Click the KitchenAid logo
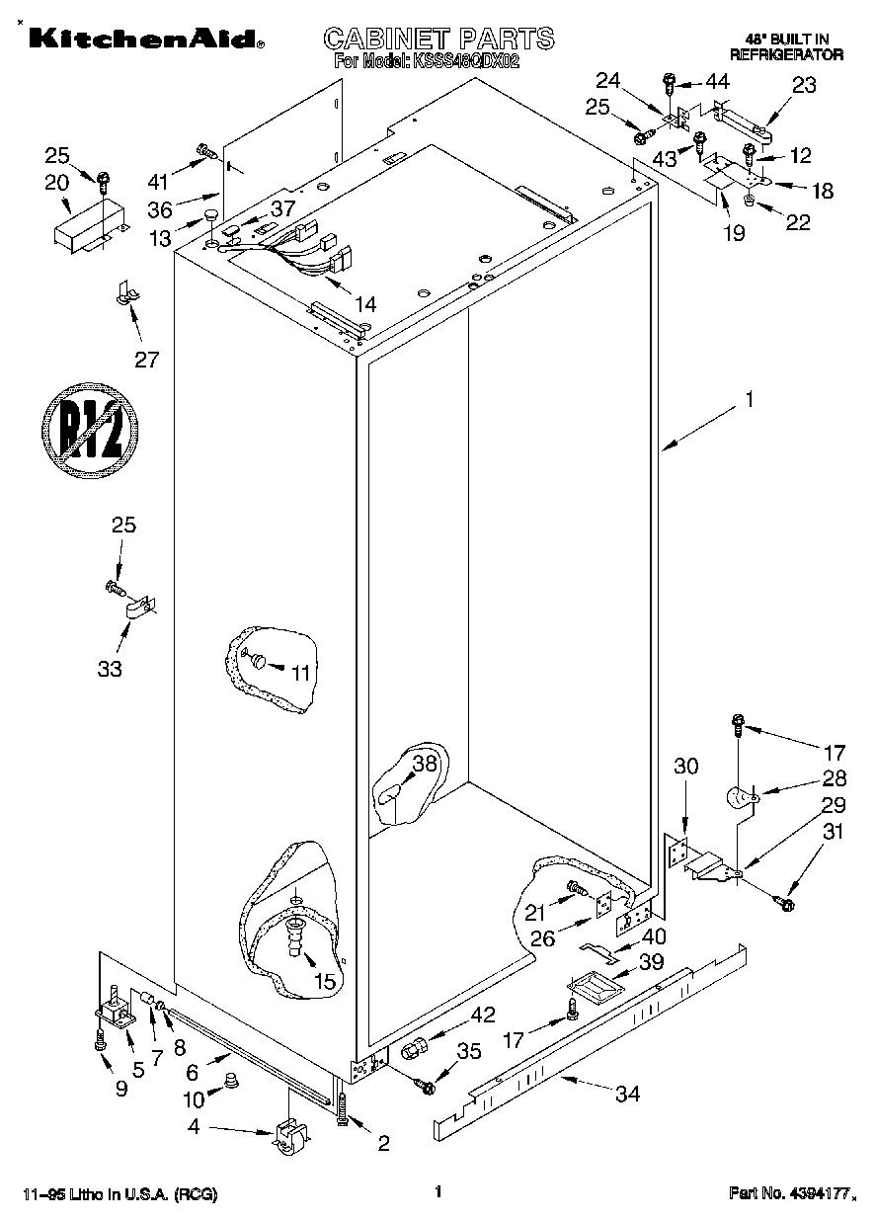click(145, 39)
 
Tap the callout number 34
click(626, 1094)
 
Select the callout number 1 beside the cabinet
click(749, 400)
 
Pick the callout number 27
click(146, 360)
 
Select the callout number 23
click(804, 85)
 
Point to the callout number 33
click(110, 669)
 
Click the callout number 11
click(300, 672)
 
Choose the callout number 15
click(324, 982)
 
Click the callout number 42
click(455, 1014)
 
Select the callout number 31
click(834, 832)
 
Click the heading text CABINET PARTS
click(438, 39)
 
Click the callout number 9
click(120, 1089)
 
